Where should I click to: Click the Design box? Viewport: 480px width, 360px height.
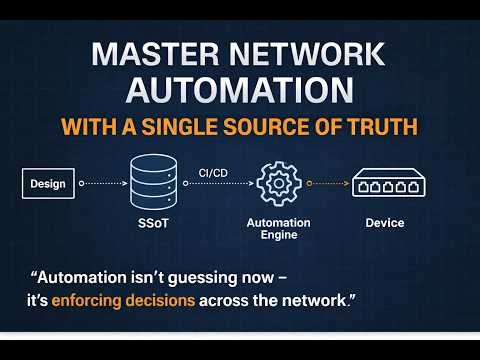point(47,183)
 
